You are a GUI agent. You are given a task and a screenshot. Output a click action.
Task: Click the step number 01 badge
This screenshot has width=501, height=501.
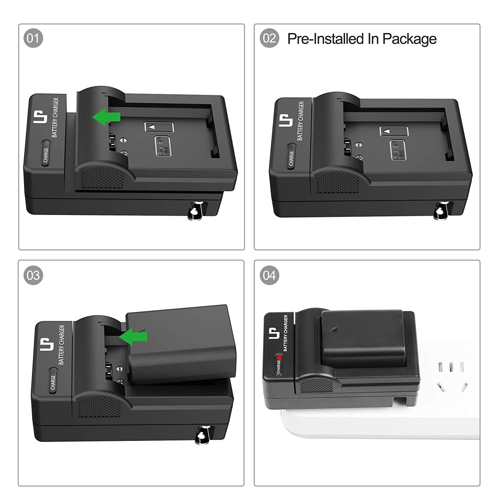[x=33, y=38]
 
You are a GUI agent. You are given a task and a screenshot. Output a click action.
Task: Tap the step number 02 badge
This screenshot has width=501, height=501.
[x=269, y=38]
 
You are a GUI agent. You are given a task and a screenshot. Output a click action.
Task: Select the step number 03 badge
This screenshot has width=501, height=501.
[x=33, y=275]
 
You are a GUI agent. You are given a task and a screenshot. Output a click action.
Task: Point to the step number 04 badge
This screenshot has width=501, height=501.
[x=269, y=275]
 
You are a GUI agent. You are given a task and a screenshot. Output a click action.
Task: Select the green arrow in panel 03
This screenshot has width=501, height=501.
[x=133, y=336]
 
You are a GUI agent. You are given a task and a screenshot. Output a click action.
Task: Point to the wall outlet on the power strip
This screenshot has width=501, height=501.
[x=451, y=376]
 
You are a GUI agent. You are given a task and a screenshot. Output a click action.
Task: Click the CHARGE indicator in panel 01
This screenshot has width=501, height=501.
[x=45, y=154]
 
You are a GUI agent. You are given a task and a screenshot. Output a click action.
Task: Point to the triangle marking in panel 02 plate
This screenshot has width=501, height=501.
[x=387, y=131]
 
